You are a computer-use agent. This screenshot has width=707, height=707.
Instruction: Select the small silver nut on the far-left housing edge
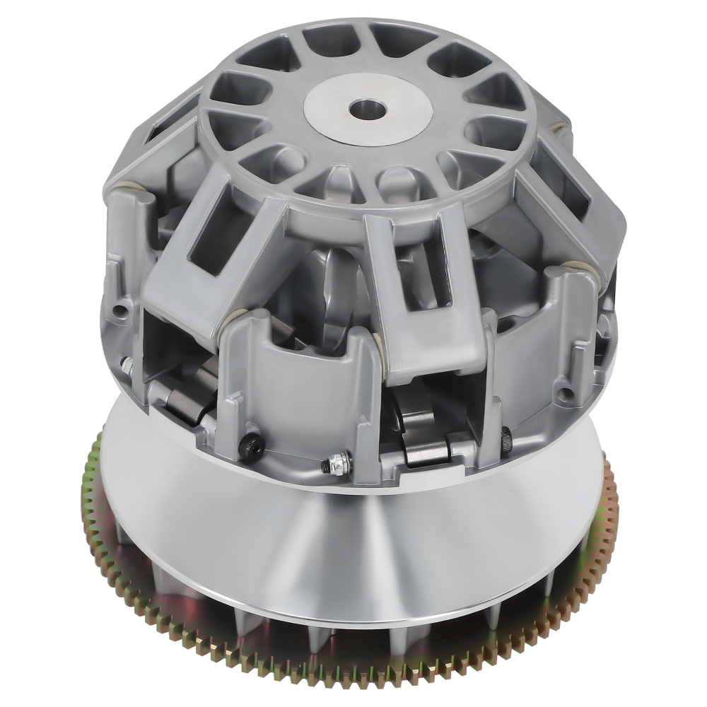[127, 365]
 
